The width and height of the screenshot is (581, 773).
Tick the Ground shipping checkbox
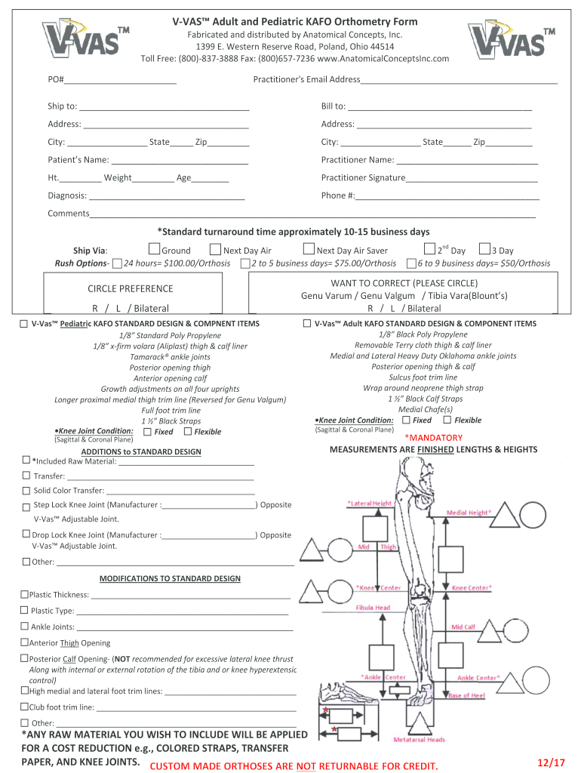(x=154, y=250)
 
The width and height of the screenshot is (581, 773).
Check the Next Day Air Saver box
(x=309, y=250)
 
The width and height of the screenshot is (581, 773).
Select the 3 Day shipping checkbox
(x=484, y=250)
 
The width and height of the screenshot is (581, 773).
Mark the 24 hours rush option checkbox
(x=117, y=263)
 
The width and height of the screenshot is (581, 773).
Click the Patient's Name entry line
(x=180, y=160)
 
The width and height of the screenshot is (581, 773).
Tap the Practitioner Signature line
(x=472, y=178)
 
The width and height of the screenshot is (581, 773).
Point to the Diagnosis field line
(x=167, y=196)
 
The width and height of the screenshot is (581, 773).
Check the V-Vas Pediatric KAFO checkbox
(x=24, y=323)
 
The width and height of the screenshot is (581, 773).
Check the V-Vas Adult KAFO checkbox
(x=307, y=323)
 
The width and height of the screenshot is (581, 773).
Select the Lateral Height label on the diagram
(x=370, y=503)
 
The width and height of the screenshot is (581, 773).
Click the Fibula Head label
(x=373, y=608)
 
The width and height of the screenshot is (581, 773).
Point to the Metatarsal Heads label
(x=419, y=740)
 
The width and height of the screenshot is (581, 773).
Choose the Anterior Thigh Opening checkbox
(x=24, y=643)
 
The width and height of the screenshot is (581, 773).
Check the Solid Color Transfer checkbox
(x=26, y=491)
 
